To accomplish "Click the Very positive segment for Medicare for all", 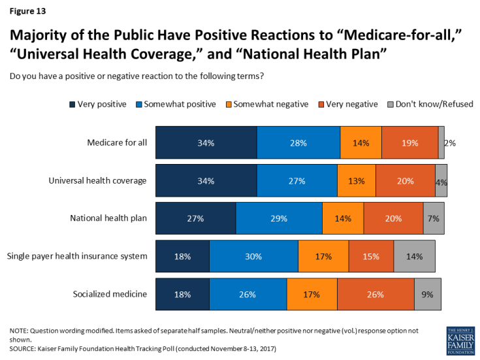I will pos(206,143).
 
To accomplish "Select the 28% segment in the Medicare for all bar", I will pos(298,143).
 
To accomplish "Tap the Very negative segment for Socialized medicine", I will pos(376,294).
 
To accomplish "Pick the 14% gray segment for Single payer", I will pos(413,256).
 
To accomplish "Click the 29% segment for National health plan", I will pos(279,218).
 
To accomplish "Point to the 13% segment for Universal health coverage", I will pos(357,181).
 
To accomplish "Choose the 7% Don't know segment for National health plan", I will pos(434,218).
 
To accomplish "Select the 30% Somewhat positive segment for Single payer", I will pos(253,256).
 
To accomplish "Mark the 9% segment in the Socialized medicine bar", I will pos(428,294).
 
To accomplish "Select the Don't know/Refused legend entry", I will pos(430,103).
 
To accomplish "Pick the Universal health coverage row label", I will pos(98,181).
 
